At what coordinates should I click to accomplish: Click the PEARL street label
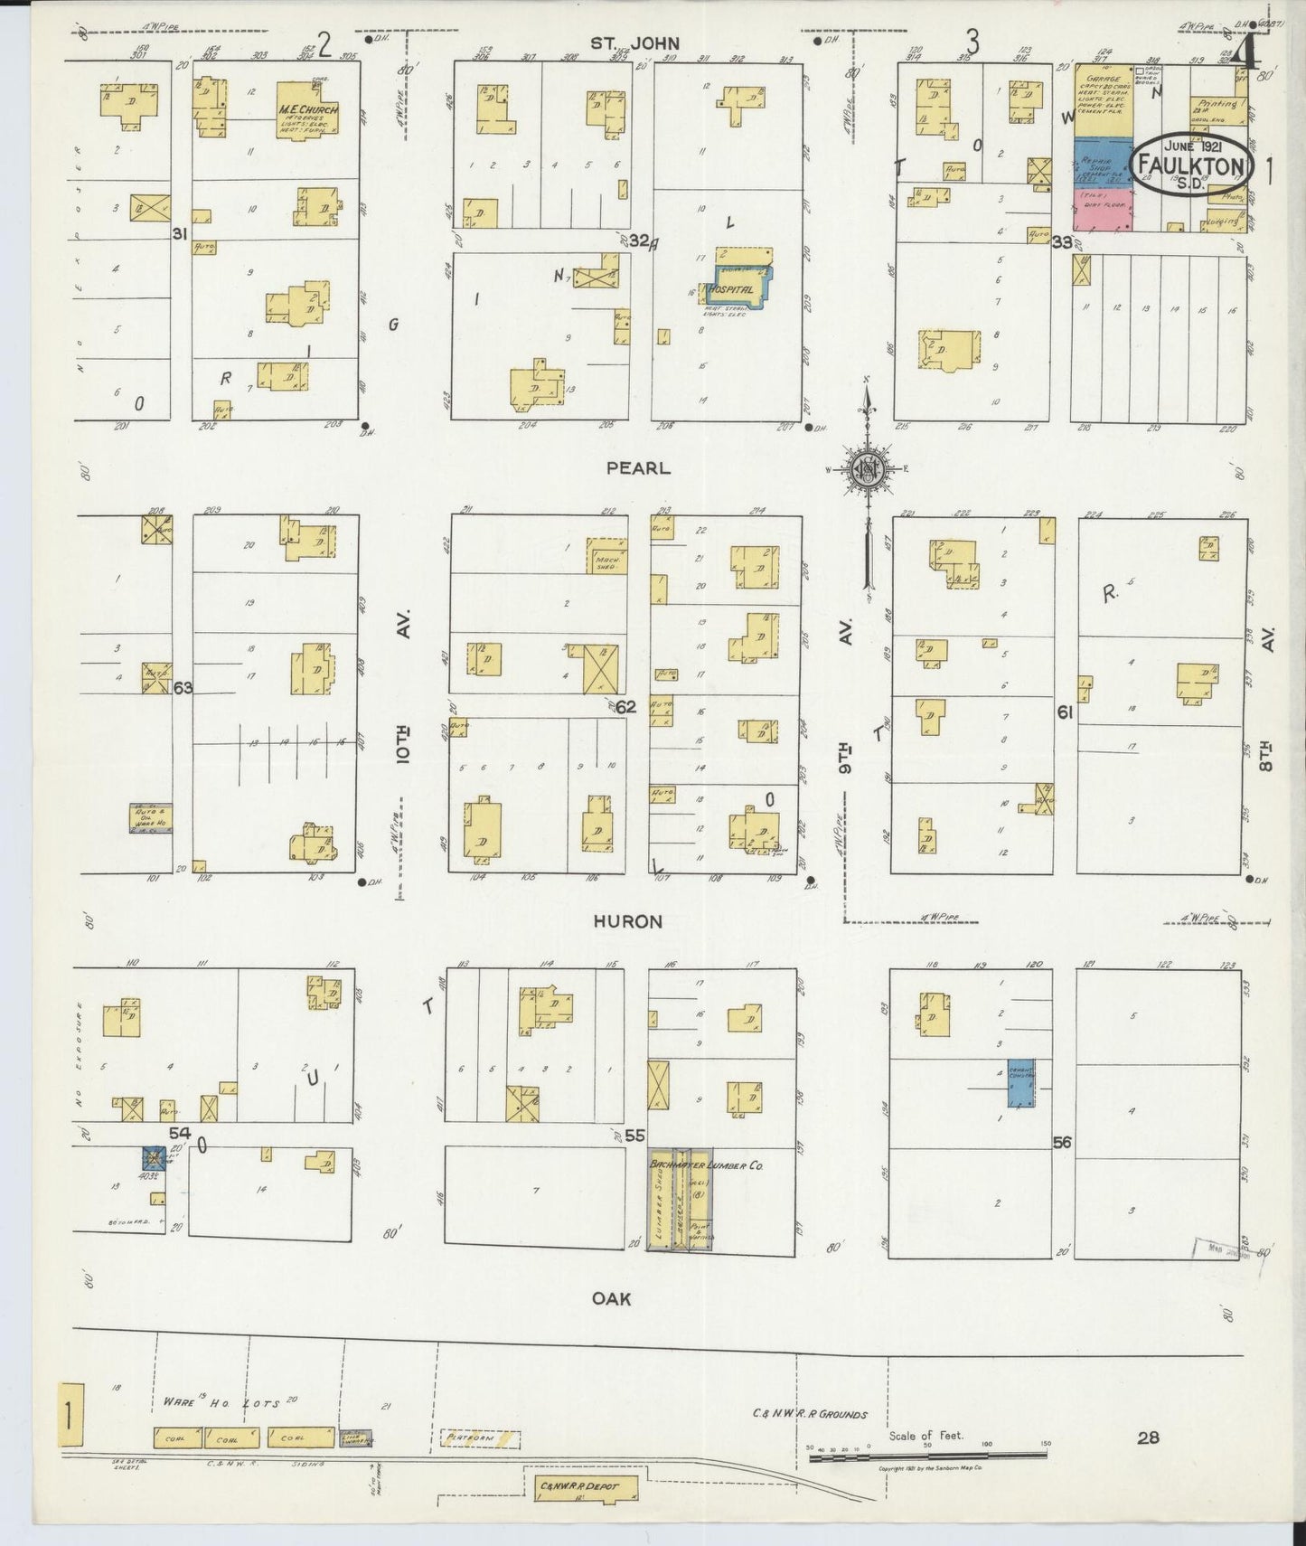(638, 468)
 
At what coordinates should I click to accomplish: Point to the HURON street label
(627, 921)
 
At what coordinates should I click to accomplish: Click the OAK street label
(611, 1298)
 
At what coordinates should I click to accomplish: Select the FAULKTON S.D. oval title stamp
(1193, 165)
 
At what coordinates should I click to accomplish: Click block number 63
(183, 688)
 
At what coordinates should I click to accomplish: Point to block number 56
(1062, 1143)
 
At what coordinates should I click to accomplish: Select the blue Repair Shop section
(1103, 162)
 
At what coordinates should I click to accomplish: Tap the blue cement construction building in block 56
(1020, 1083)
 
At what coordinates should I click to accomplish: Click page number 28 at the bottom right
(1148, 1437)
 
